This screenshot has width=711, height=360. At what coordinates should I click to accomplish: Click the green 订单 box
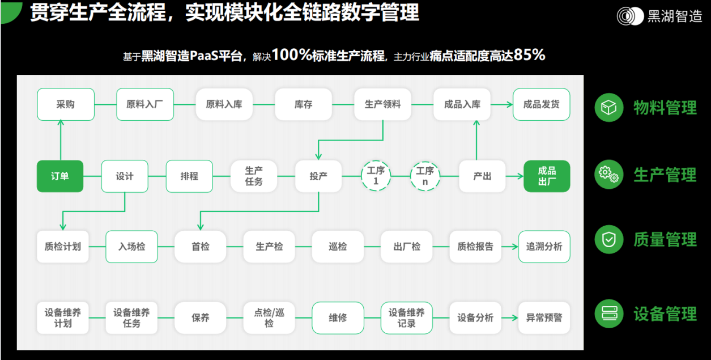60,176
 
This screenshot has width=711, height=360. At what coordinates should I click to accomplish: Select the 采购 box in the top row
65,104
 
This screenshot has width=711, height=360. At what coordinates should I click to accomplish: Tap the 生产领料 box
382,104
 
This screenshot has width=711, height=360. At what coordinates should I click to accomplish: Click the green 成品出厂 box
547,176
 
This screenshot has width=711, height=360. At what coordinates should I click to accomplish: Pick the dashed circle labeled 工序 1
376,176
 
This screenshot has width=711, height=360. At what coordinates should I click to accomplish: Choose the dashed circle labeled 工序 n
425,176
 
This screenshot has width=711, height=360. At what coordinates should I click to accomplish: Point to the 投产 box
318,176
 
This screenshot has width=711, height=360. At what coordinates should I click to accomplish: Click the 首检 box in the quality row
200,247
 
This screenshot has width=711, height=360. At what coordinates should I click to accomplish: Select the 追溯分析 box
544,247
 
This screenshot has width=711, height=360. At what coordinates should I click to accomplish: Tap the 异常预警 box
544,317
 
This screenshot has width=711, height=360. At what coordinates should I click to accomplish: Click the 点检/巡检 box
269,317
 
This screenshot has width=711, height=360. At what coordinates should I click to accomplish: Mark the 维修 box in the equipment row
338,317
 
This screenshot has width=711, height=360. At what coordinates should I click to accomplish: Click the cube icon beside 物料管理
609,107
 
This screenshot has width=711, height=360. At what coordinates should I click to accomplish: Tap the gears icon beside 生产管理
609,174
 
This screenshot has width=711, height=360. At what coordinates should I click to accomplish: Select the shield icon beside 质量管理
609,240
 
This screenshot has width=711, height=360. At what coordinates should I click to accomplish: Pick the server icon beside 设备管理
609,313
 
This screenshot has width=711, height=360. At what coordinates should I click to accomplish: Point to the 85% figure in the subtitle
529,55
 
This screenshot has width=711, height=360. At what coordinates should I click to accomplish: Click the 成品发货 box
541,104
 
